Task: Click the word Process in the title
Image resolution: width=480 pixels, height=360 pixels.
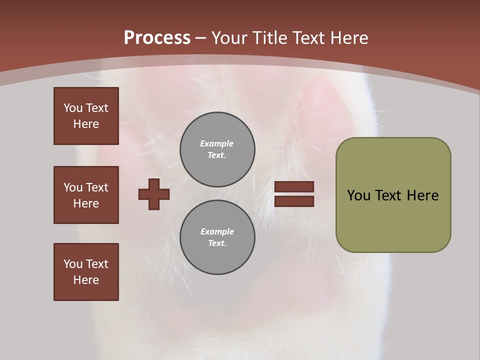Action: click(157, 38)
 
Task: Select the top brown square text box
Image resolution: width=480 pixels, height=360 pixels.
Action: click(86, 116)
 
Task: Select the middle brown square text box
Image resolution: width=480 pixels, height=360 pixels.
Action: click(86, 195)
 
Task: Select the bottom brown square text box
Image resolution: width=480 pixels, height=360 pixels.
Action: click(86, 272)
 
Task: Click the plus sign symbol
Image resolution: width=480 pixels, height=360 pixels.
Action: click(154, 194)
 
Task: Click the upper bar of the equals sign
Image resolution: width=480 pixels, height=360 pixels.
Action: click(294, 186)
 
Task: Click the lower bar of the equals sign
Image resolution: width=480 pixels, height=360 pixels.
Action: click(294, 201)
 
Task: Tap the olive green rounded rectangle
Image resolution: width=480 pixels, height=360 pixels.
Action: click(393, 220)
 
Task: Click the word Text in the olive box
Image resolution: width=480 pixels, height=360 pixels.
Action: click(389, 195)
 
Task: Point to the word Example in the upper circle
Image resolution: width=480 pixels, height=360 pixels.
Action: click(216, 143)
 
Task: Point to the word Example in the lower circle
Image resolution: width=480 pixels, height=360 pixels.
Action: click(217, 231)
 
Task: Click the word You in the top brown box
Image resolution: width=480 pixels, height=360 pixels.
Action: click(73, 108)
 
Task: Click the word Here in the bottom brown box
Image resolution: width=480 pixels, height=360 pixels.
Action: click(86, 280)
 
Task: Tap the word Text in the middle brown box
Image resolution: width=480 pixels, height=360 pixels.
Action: click(96, 187)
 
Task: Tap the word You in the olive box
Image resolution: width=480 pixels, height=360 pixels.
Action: click(358, 195)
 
